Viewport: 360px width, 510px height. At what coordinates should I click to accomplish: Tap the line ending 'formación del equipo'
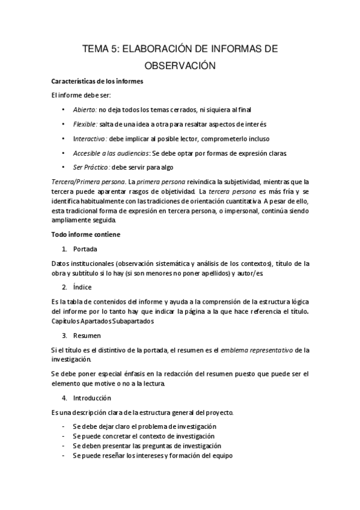click(153, 456)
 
